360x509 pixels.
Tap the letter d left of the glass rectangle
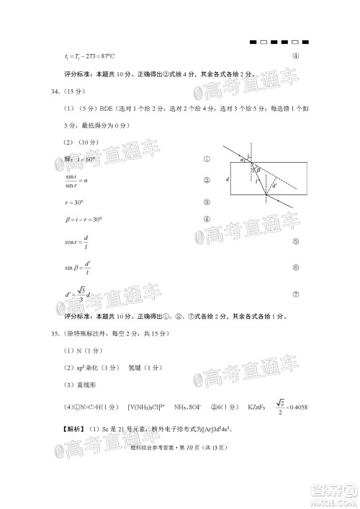pos(227,179)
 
